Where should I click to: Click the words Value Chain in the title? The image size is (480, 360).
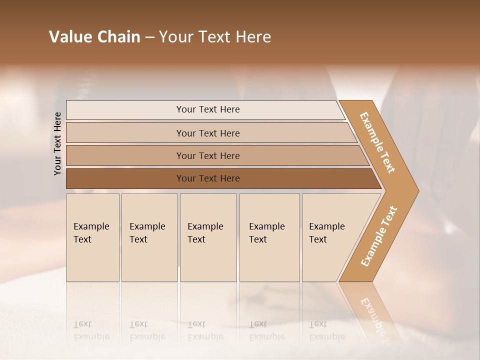pos(94,37)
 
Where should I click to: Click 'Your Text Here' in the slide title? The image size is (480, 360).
pos(215,37)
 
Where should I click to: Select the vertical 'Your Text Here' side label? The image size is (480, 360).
pos(57,143)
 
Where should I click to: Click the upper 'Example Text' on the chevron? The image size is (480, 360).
pos(377,142)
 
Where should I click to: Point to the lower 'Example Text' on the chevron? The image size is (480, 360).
pos(378,236)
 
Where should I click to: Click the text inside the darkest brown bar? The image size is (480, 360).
pos(208,178)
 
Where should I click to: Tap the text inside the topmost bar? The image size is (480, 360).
pos(208,109)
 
